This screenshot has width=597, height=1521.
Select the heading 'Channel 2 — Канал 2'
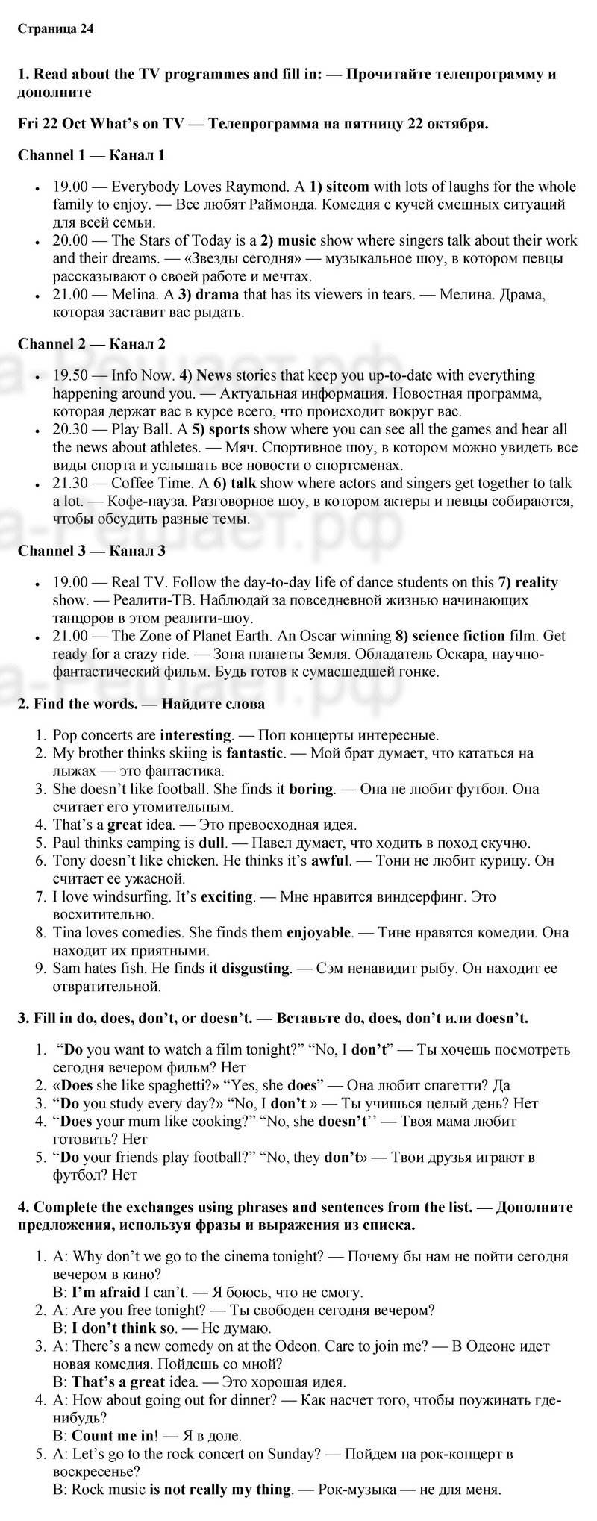pyautogui.click(x=91, y=344)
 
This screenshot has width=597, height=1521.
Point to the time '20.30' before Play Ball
pyautogui.click(x=70, y=429)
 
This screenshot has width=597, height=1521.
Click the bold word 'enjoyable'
pyautogui.click(x=319, y=932)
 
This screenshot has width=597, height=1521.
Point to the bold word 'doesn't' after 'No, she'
pyautogui.click(x=346, y=1121)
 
